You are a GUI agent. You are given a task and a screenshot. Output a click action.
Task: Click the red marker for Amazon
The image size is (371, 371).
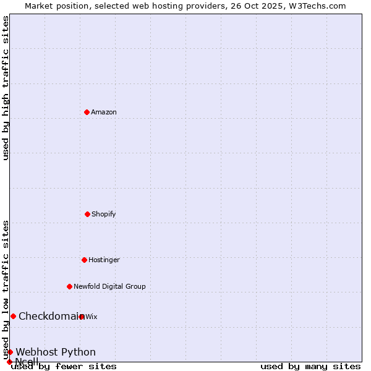click(x=87, y=112)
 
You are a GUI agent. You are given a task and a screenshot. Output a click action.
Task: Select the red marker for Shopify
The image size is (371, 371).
click(x=87, y=214)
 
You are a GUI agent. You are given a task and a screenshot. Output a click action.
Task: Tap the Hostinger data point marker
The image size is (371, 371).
click(x=84, y=260)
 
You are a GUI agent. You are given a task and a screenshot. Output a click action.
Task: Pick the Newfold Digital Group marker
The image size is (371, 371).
click(x=69, y=286)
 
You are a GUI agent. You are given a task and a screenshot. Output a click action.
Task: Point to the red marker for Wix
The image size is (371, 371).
click(x=82, y=317)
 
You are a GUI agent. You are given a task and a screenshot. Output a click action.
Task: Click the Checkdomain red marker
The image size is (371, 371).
click(x=13, y=316)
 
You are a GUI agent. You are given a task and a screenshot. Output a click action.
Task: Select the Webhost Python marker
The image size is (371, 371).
click(x=10, y=352)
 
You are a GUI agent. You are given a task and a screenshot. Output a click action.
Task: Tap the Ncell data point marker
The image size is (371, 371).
click(x=9, y=362)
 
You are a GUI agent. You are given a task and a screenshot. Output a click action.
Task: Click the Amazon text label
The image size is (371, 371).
click(x=104, y=113)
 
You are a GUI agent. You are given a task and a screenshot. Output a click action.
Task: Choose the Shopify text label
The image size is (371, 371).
click(x=104, y=215)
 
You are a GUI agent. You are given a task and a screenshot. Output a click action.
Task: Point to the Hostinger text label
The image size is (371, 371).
click(x=104, y=260)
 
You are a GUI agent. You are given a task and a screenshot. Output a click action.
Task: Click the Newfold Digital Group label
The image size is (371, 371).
click(x=109, y=287)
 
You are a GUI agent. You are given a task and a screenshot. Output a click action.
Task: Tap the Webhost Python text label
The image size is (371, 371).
click(x=56, y=352)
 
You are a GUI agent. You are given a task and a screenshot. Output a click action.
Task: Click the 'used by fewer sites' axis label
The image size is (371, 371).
click(x=64, y=367)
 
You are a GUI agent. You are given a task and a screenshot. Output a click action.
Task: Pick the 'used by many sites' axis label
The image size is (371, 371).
click(x=310, y=367)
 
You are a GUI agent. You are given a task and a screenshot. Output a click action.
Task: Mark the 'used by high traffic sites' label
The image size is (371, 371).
click(x=6, y=88)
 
